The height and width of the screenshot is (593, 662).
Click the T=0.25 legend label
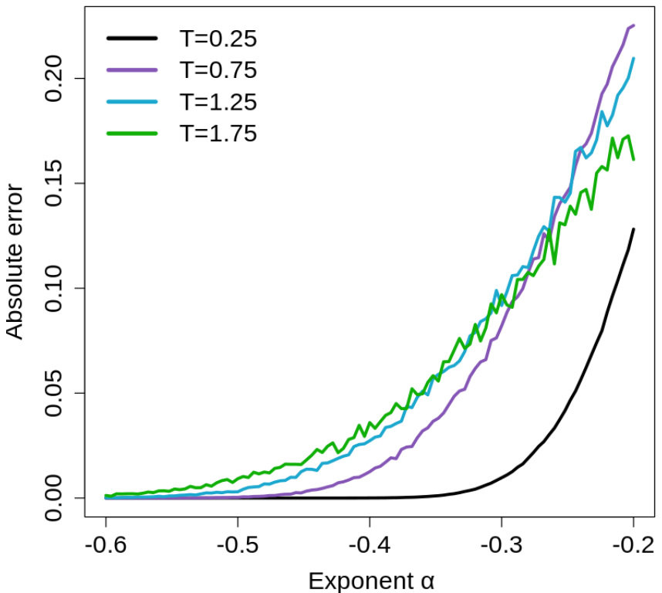click(x=218, y=38)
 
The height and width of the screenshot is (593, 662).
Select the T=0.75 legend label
click(x=218, y=69)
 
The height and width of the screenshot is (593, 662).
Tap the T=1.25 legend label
click(x=218, y=101)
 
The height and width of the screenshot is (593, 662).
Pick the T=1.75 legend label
click(x=218, y=133)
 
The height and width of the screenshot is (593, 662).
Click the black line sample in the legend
click(x=133, y=38)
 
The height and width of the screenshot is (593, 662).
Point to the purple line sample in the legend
click(x=133, y=69)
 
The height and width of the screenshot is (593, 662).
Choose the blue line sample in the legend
click(x=133, y=101)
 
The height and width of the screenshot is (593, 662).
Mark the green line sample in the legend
click(x=133, y=133)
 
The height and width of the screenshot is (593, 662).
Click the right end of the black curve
click(x=633, y=229)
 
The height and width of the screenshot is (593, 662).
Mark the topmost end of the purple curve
click(x=633, y=25)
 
